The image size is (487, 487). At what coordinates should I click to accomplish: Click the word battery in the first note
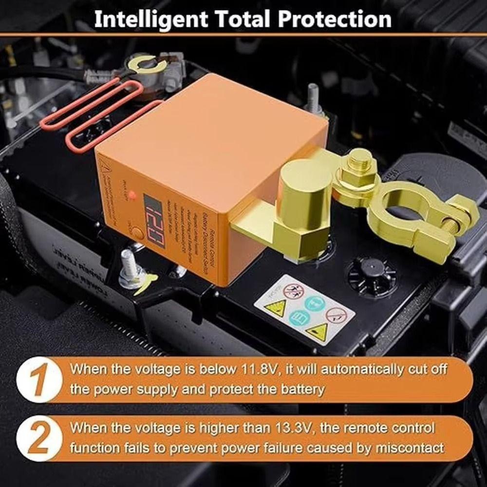[297, 389]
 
